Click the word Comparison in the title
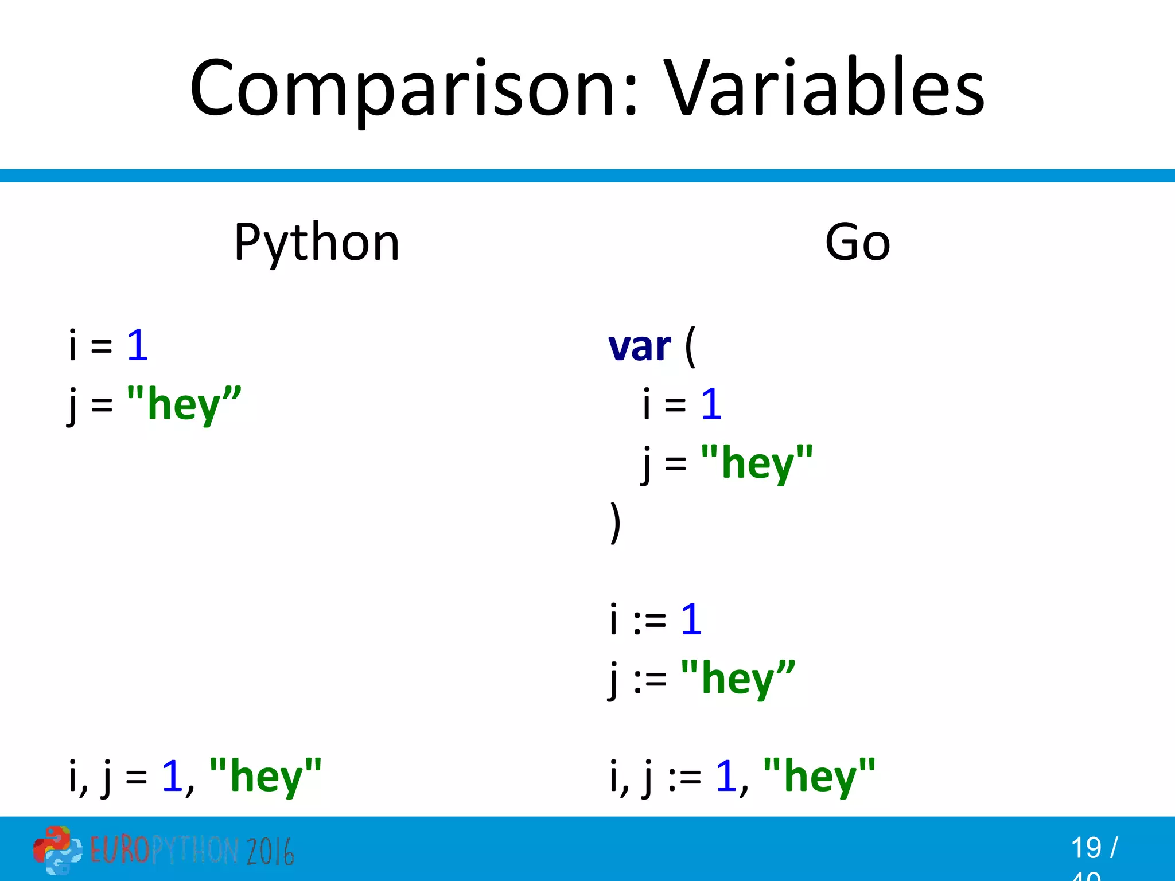point(413,89)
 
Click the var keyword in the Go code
point(639,348)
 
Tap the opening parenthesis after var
point(690,346)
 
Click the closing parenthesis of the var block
point(615,522)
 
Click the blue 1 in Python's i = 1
point(138,346)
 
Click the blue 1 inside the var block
point(711,404)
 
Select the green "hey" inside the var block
point(757,463)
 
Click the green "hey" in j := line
point(738,679)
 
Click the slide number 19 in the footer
point(1085,848)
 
